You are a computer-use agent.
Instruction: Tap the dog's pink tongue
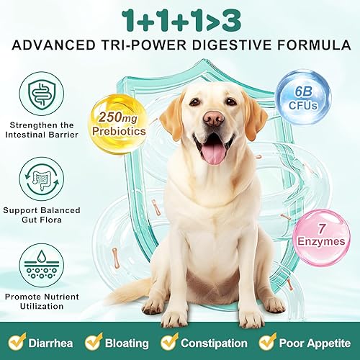click(213, 151)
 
